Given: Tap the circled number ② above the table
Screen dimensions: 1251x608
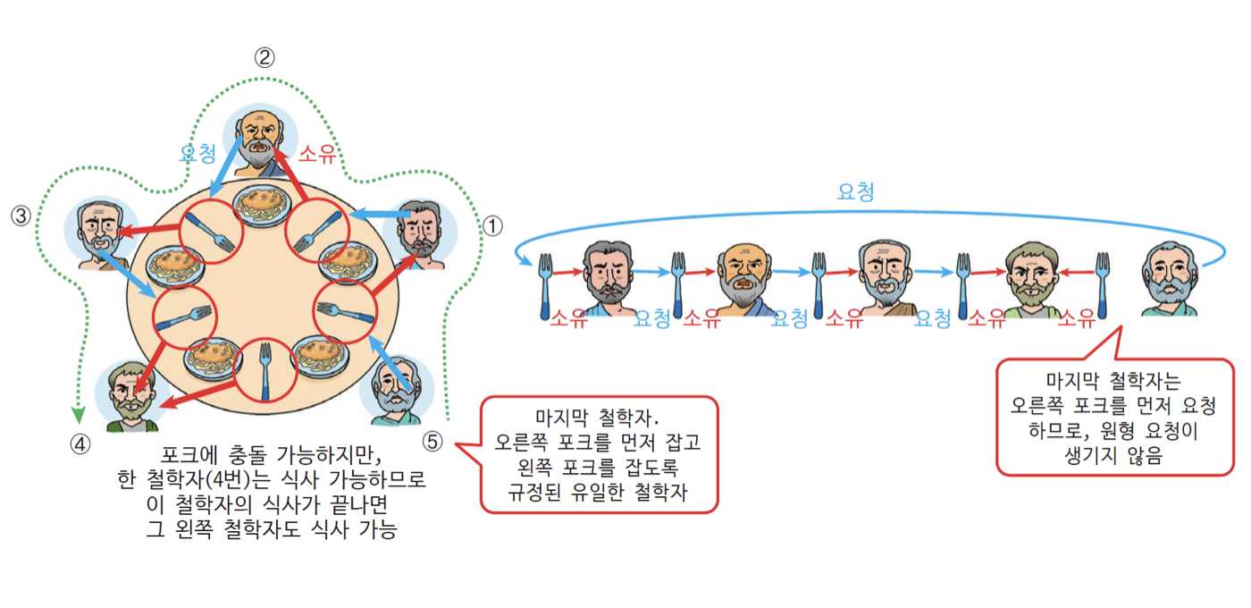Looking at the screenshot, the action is pyautogui.click(x=264, y=58).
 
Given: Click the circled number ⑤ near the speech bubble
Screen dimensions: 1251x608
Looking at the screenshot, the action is pyautogui.click(x=432, y=441).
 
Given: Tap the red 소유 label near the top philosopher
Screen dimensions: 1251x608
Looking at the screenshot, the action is pyautogui.click(x=317, y=155).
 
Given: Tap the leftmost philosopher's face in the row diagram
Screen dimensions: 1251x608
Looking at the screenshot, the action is pyautogui.click(x=608, y=273).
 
